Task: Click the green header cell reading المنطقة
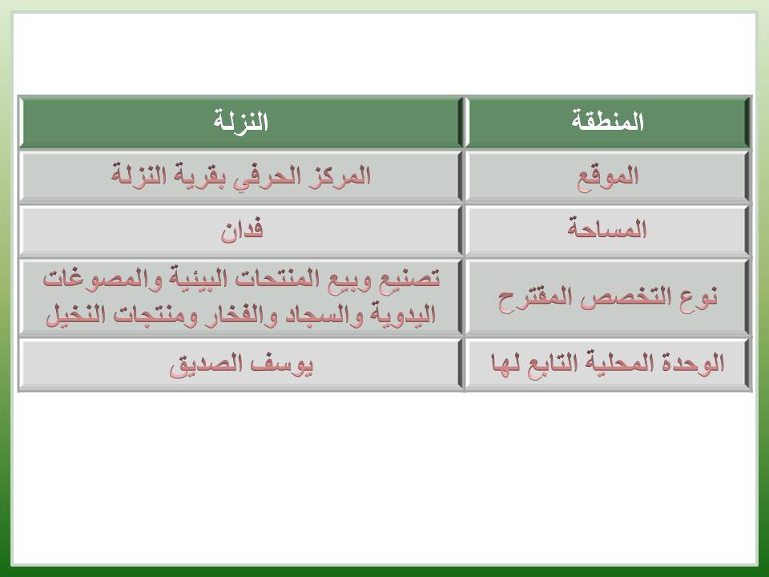point(608,122)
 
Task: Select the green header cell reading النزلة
point(240,122)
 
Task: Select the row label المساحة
point(608,228)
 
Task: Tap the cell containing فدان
point(240,231)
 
